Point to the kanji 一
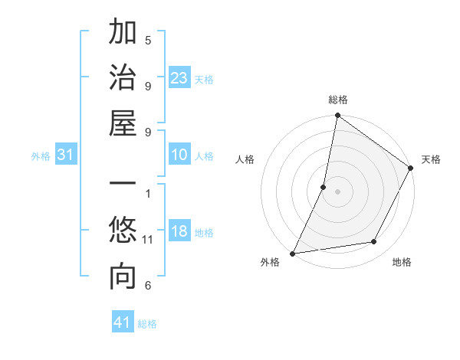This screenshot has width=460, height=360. pyautogui.click(x=123, y=186)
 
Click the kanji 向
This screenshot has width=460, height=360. pyautogui.click(x=123, y=278)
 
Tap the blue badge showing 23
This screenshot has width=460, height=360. pyautogui.click(x=179, y=78)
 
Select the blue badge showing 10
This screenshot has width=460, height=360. pyautogui.click(x=179, y=155)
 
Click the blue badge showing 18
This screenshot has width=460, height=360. pyautogui.click(x=179, y=232)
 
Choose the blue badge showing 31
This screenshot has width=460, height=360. pyautogui.click(x=66, y=155)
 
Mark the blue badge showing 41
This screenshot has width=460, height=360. pyautogui.click(x=123, y=323)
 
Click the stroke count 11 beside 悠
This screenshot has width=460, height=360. pyautogui.click(x=148, y=240)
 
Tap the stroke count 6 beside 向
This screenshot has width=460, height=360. pyautogui.click(x=148, y=286)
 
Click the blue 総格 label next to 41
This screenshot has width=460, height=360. pyautogui.click(x=147, y=324)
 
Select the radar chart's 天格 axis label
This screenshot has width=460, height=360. pyautogui.click(x=431, y=159)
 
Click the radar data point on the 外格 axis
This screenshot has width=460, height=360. pyautogui.click(x=293, y=253)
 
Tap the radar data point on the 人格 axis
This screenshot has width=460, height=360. pyautogui.click(x=324, y=187)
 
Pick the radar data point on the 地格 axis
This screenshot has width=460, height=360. pyautogui.click(x=374, y=242)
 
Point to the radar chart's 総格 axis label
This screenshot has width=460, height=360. pyautogui.click(x=338, y=100)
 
